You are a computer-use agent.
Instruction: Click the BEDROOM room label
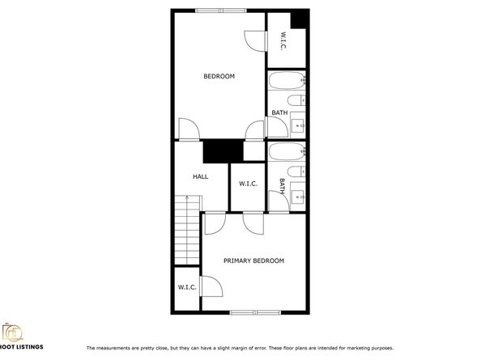[219, 76]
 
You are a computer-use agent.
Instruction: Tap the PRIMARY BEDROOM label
[253, 260]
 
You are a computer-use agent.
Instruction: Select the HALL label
[201, 176]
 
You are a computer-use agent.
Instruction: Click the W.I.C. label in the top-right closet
[283, 40]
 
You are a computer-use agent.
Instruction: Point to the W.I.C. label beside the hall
[248, 184]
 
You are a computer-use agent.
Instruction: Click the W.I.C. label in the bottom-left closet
[187, 287]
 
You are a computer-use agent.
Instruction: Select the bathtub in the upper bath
[287, 80]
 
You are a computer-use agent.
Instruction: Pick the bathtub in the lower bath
[287, 151]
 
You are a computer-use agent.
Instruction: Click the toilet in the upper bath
[296, 100]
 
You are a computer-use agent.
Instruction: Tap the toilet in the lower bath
[296, 172]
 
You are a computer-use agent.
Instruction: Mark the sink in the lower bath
[298, 197]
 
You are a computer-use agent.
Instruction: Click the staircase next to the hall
[187, 230]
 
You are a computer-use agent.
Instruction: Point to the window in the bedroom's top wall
[221, 11]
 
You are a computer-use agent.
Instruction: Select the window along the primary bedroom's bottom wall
[256, 312]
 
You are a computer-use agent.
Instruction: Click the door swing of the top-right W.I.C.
[254, 41]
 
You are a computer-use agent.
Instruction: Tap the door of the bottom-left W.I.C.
[211, 286]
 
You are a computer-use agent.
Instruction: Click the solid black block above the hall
[223, 151]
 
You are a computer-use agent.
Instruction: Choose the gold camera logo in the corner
[12, 332]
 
